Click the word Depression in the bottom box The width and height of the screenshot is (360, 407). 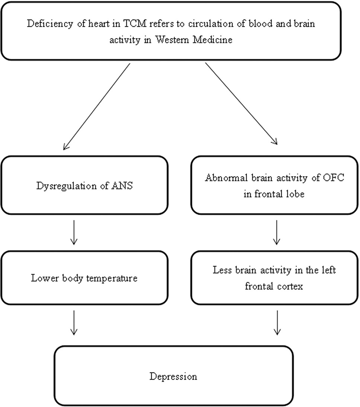(x=173, y=376)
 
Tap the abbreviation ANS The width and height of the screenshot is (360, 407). (x=122, y=186)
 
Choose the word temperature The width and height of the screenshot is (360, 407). (x=112, y=278)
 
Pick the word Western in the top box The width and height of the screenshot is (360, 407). (x=172, y=40)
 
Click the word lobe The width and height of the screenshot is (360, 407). (x=295, y=194)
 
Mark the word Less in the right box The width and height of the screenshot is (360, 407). (x=222, y=270)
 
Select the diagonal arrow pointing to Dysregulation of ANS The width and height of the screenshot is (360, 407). (x=97, y=107)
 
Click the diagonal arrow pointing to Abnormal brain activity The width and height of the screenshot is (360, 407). (x=242, y=103)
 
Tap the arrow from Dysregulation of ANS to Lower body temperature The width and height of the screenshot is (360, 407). (x=74, y=233)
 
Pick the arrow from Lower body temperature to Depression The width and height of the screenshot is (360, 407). (x=74, y=323)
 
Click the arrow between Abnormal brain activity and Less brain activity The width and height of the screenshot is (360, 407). (x=277, y=233)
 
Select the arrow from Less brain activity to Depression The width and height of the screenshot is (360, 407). (x=277, y=323)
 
